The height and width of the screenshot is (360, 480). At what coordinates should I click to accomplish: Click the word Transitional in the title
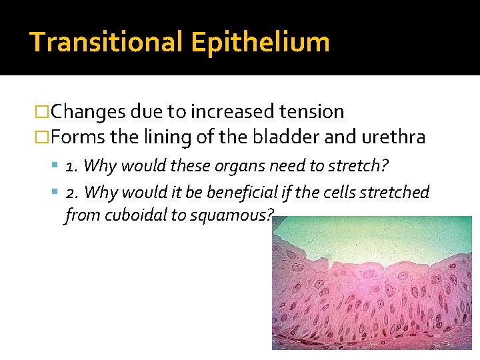(106, 41)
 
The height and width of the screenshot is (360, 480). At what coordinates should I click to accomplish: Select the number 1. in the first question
(73, 165)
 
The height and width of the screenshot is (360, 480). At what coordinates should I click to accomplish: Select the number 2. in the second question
(73, 193)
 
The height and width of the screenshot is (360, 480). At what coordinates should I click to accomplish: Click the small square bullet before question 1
(57, 165)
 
